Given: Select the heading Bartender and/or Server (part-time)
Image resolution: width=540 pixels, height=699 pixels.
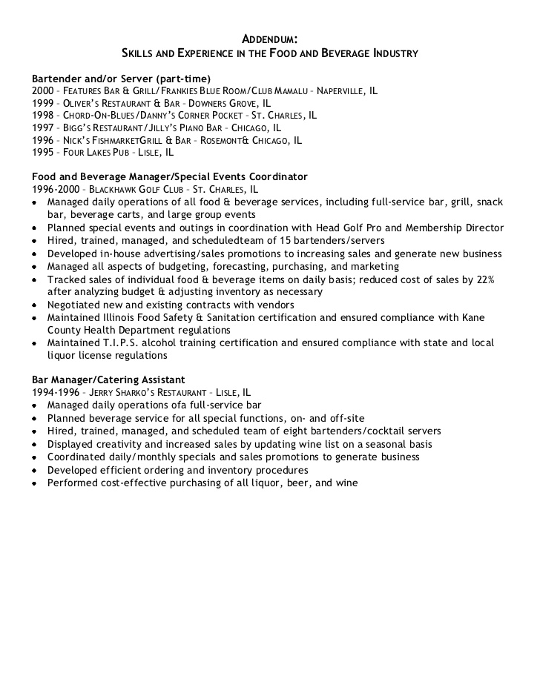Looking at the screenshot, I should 122,78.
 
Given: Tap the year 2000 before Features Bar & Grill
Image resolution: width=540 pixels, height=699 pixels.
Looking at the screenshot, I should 43,90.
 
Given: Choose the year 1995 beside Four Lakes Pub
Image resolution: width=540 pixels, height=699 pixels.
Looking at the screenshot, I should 43,151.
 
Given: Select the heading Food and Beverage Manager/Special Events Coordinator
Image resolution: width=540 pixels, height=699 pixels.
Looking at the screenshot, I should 170,176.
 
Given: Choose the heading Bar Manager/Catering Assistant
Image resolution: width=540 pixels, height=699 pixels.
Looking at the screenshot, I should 108,380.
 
